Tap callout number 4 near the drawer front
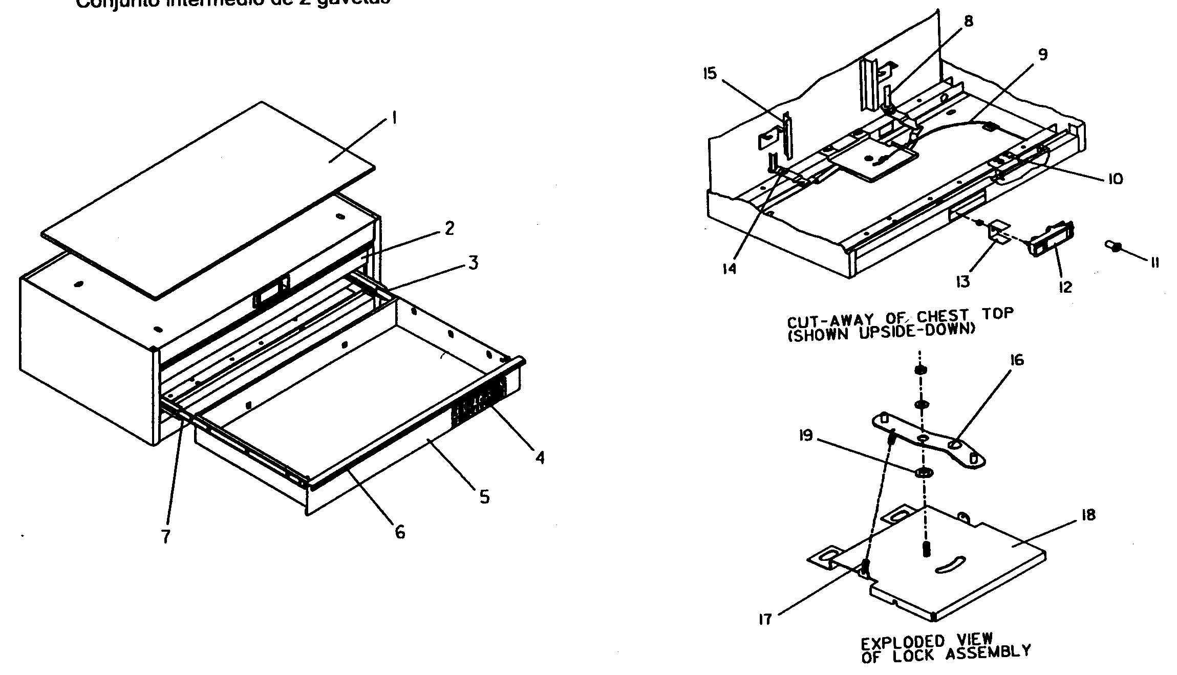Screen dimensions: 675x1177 coord(540,457)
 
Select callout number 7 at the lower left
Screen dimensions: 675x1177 coord(165,537)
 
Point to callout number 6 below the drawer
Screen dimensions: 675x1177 coord(400,532)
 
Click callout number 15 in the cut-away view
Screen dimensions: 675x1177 coord(710,74)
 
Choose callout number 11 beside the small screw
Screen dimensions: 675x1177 coord(1154,263)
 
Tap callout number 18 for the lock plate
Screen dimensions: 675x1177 coord(1088,515)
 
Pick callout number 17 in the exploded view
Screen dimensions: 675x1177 coord(765,620)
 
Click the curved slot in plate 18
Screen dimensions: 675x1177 coord(950,565)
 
